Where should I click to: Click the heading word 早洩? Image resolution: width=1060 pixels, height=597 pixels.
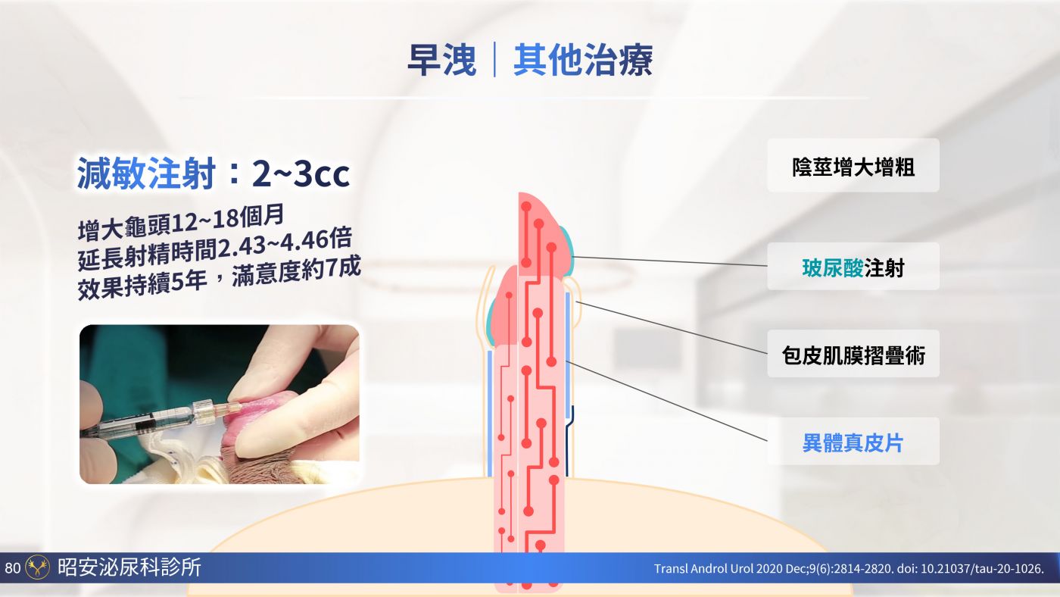tap(441, 60)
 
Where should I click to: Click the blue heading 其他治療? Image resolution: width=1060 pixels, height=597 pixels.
tap(583, 60)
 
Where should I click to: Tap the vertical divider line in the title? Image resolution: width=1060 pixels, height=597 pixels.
tap(494, 59)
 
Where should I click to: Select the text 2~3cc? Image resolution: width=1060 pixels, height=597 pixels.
tap(301, 173)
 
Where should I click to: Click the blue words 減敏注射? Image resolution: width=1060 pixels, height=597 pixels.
tap(146, 173)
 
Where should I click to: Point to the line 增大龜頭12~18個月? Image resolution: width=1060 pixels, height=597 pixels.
tap(181, 222)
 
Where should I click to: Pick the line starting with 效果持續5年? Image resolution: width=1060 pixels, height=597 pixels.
tap(219, 278)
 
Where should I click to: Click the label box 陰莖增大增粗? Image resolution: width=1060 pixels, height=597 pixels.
tap(853, 165)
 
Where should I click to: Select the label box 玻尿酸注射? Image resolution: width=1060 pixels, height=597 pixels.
tap(853, 267)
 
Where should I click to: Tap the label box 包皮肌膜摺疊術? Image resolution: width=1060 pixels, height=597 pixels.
tap(853, 354)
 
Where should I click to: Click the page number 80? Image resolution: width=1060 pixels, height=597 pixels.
tap(13, 567)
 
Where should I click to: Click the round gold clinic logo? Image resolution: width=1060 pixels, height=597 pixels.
tap(37, 567)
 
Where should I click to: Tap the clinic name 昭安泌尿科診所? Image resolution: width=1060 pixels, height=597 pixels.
tap(129, 567)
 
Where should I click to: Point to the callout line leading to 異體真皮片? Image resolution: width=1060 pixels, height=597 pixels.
tap(666, 401)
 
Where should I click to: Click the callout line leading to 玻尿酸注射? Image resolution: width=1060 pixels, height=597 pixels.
tap(669, 261)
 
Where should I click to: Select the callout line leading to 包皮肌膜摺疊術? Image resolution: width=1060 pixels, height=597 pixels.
tap(671, 327)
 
